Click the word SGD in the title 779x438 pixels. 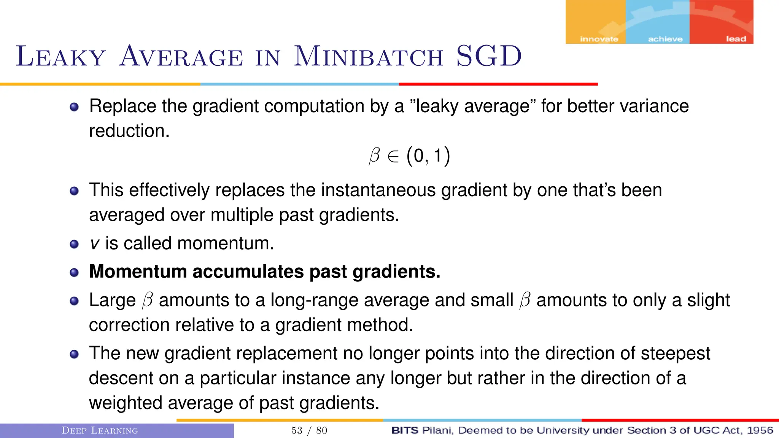point(489,56)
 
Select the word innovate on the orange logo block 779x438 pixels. point(599,39)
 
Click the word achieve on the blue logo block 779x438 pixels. point(665,39)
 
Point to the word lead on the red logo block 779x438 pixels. point(736,39)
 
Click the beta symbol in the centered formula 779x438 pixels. point(374,156)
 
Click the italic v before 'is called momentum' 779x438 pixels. point(94,244)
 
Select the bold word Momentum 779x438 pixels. point(139,271)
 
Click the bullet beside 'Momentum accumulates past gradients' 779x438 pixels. point(74,273)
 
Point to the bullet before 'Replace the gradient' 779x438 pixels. point(74,107)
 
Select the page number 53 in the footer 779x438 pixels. point(297,430)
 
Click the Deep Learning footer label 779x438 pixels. point(100,430)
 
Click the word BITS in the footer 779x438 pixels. point(405,430)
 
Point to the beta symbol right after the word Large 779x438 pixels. point(147,300)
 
